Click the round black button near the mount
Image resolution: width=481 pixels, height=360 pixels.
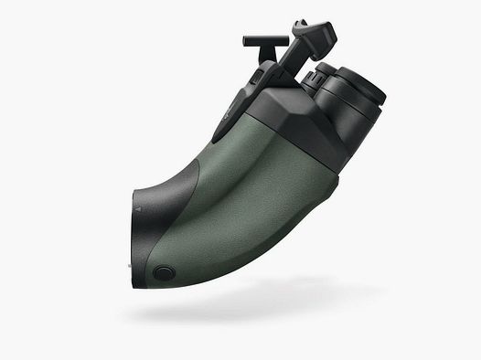click(x=165, y=272)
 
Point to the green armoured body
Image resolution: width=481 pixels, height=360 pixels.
click(x=247, y=192)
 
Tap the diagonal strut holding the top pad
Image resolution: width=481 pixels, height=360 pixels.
click(x=293, y=59)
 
